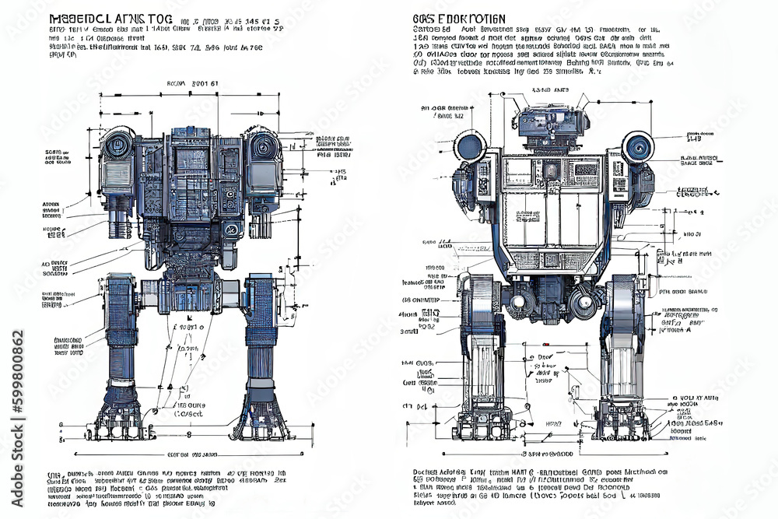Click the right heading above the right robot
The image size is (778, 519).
click(458, 18)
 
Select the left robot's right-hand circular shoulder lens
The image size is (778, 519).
click(264, 147)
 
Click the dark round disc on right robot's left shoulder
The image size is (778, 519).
click(469, 146)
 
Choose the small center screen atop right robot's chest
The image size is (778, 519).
click(551, 169)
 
